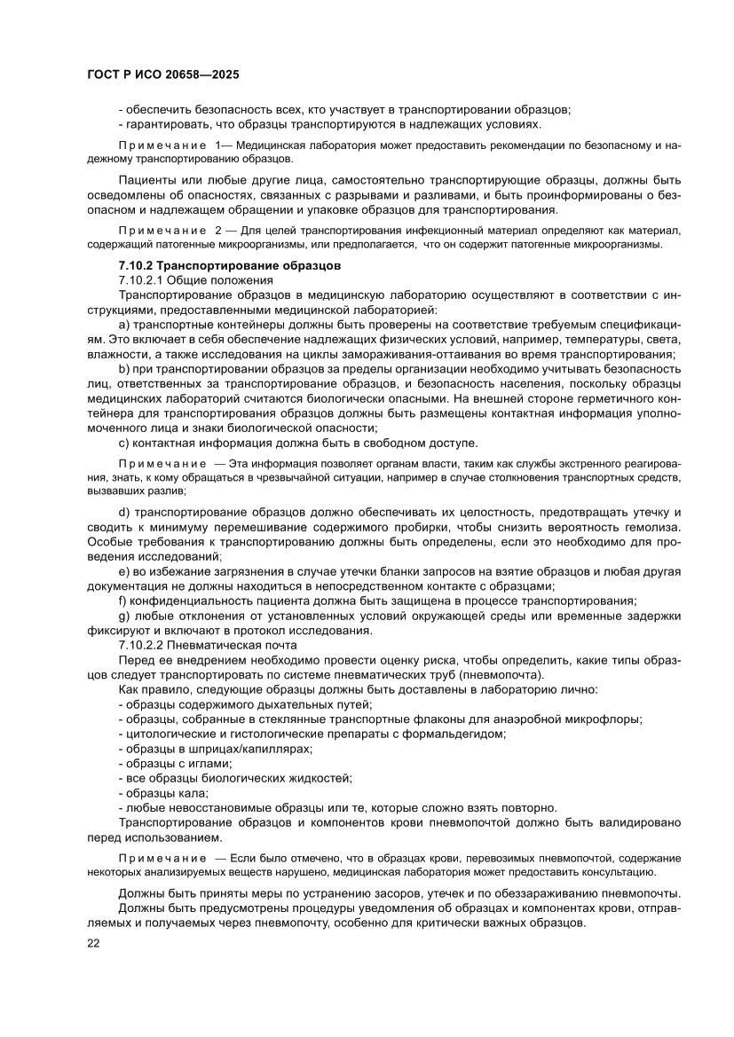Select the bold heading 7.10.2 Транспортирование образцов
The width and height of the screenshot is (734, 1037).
click(226, 266)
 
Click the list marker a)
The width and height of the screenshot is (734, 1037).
click(124, 324)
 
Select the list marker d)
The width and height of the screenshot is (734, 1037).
click(124, 513)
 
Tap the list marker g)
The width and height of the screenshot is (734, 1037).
click(124, 616)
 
